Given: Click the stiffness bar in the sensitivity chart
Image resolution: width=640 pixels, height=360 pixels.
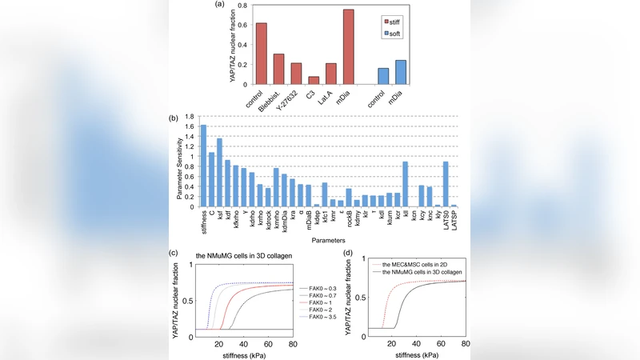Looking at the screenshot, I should [x=203, y=166].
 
